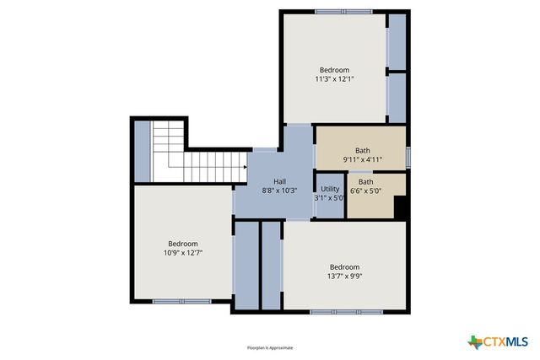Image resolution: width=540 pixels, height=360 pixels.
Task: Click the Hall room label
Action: (x=279, y=181)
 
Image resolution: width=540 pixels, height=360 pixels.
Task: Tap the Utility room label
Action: (x=330, y=189)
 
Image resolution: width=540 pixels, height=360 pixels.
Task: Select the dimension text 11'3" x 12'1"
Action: (x=334, y=79)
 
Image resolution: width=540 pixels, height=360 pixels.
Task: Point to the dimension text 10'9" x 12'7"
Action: (x=182, y=252)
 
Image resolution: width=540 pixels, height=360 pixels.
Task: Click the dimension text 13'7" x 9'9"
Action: (x=344, y=276)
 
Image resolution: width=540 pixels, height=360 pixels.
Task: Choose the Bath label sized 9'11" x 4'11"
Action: (x=362, y=151)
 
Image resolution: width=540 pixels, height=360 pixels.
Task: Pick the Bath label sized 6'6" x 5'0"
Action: (x=365, y=181)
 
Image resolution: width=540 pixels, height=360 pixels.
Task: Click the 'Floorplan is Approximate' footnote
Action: (x=269, y=347)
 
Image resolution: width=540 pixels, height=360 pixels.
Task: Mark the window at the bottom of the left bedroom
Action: (x=181, y=301)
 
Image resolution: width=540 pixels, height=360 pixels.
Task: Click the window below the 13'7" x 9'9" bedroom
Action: (x=343, y=312)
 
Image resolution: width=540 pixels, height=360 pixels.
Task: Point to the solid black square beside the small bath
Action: (x=401, y=207)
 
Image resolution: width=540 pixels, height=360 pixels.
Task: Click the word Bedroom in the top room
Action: (x=334, y=70)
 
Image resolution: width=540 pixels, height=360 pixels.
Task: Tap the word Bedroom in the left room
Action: (x=182, y=243)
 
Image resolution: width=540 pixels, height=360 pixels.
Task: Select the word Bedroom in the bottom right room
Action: (x=344, y=266)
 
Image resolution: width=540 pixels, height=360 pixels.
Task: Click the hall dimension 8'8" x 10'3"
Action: (x=279, y=191)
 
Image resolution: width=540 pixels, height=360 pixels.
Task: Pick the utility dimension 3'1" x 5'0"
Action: (x=330, y=198)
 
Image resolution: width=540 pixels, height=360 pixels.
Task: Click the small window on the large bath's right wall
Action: (x=408, y=157)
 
